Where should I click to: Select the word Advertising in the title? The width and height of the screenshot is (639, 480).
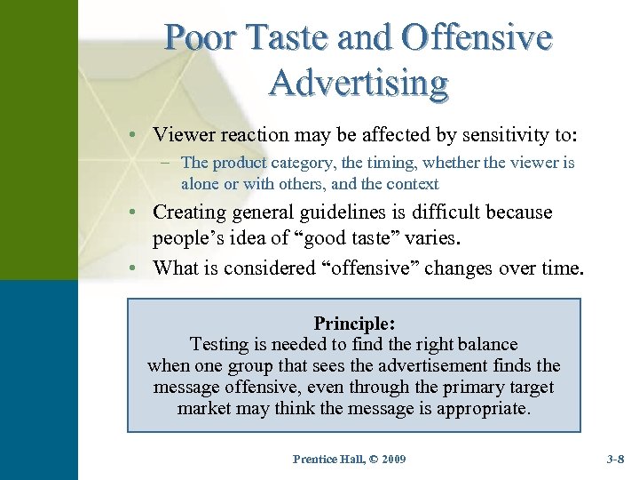tap(359, 83)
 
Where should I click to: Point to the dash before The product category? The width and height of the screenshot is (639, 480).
tap(168, 164)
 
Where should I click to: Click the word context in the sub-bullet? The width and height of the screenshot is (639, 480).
tap(407, 184)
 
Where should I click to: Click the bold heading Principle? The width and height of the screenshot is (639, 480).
tap(353, 323)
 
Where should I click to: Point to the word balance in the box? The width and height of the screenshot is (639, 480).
tap(486, 344)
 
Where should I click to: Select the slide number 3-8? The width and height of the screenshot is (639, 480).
tap(615, 459)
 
